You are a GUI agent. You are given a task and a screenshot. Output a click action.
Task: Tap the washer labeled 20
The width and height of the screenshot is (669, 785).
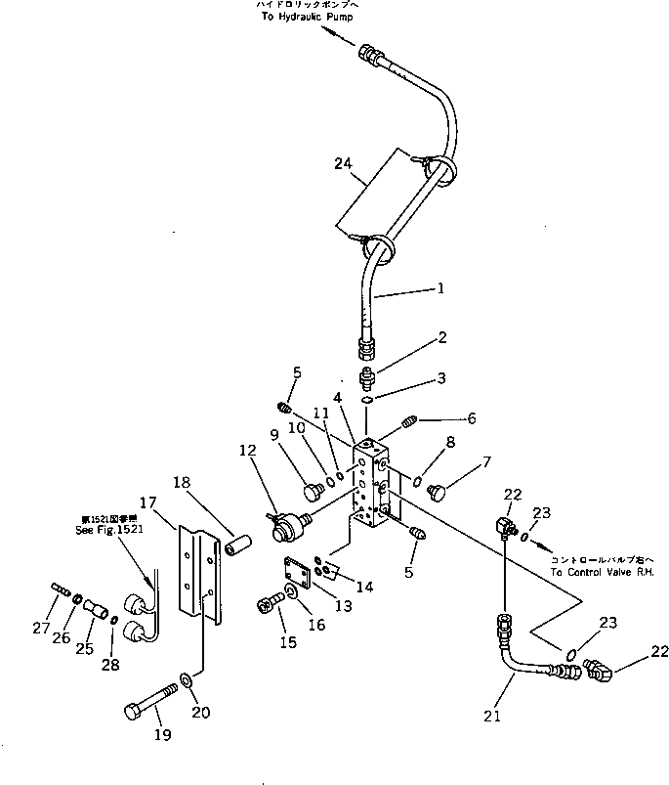coord(186,677)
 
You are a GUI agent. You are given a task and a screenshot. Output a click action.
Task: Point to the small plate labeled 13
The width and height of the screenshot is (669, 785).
coord(295,575)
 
